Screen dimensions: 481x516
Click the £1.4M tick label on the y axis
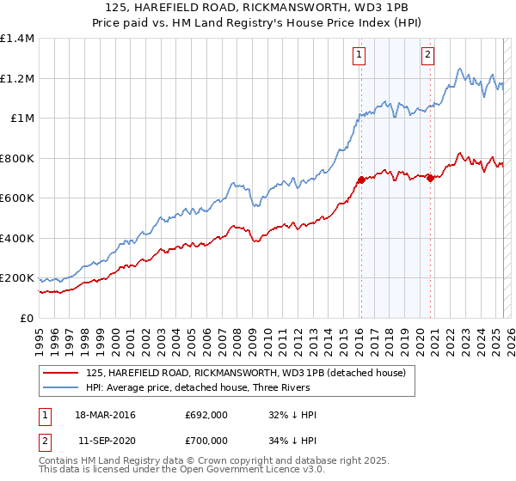point(17,39)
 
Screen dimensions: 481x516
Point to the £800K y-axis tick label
point(17,158)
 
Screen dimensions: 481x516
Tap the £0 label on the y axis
point(27,318)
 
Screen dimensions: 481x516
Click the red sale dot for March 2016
point(361,180)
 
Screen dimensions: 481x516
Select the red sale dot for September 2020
point(430,179)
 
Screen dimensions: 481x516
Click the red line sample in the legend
point(61,373)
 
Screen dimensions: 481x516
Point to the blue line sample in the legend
point(61,387)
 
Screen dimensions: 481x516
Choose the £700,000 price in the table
point(206,439)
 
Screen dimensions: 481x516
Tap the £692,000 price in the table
point(206,415)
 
